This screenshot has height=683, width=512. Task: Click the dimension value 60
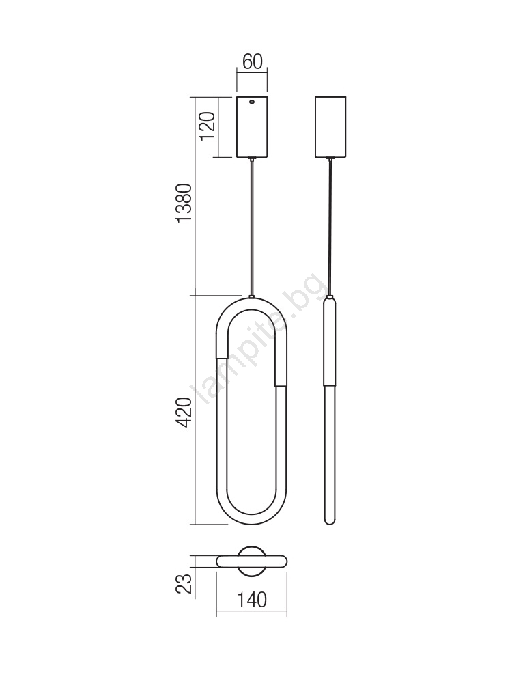click(x=252, y=61)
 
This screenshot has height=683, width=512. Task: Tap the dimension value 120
click(x=208, y=126)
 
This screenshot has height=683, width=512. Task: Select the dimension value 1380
click(x=184, y=203)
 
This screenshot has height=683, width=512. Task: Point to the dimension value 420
click(x=184, y=412)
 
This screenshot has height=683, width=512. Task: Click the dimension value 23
click(x=184, y=584)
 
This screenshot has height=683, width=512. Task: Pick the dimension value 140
click(x=252, y=600)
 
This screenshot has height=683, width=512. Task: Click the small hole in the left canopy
click(x=252, y=103)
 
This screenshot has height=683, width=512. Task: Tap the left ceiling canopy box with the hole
click(x=252, y=127)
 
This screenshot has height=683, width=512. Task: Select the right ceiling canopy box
click(x=330, y=127)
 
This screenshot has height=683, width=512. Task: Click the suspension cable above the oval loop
click(x=252, y=227)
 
